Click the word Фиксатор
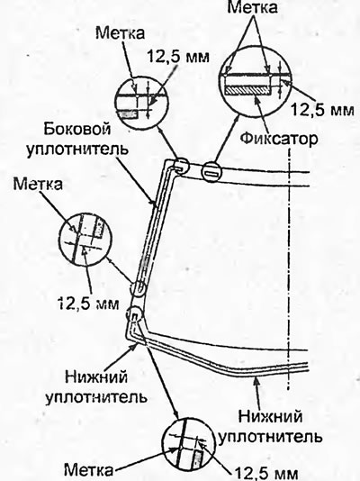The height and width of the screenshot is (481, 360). tap(279, 139)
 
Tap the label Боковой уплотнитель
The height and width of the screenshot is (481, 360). tap(76, 140)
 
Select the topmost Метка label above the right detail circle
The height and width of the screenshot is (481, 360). tap(252, 8)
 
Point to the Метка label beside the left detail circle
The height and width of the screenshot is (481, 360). tap(38, 185)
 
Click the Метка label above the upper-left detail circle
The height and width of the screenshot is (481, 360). tap(120, 33)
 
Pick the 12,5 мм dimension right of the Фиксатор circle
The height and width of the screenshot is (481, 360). tap(322, 110)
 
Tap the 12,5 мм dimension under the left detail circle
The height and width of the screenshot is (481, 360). tap(88, 304)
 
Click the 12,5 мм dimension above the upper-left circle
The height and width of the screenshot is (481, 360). tap(178, 57)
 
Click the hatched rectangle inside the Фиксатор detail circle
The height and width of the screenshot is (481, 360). tap(247, 90)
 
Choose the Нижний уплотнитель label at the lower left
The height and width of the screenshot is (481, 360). tap(96, 387)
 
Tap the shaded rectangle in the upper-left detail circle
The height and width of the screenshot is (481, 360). tap(130, 114)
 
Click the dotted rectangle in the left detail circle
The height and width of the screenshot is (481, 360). tap(99, 228)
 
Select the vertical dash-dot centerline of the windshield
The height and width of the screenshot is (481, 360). tap(288, 270)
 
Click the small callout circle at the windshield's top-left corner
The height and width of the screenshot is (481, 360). tap(180, 166)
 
